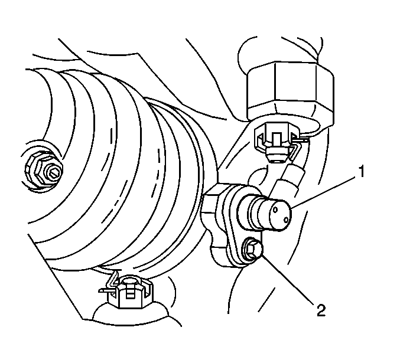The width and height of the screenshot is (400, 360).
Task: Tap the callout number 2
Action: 321,310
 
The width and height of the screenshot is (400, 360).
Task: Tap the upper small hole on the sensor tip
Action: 275,210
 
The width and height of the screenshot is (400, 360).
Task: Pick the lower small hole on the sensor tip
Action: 286,220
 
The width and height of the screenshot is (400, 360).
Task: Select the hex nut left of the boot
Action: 43,168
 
